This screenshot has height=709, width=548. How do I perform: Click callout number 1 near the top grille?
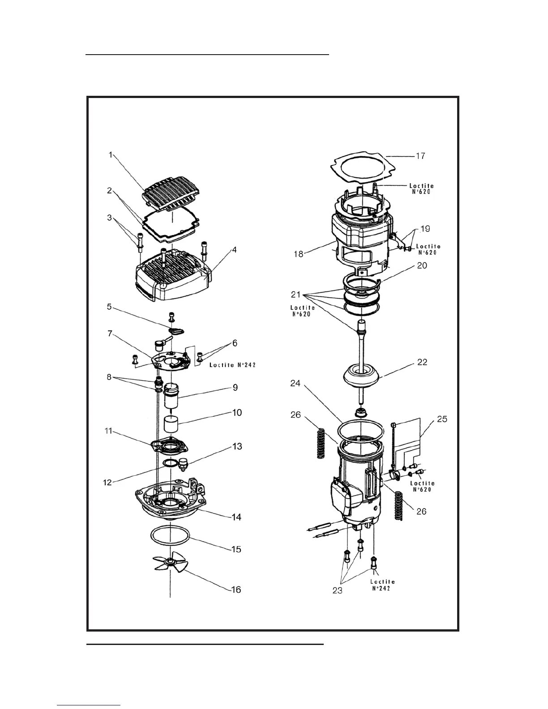pos(110,155)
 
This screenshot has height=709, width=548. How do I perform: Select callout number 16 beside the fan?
pos(236,589)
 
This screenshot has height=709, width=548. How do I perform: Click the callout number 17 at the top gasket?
pos(420,156)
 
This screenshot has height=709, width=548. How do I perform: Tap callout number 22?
pos(422,362)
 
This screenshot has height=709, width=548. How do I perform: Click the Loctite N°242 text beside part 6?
pos(232,365)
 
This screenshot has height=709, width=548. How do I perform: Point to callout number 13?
pos(237,446)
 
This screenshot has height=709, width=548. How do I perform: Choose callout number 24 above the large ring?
pos(295,384)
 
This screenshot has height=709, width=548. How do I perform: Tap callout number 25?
pos(442,419)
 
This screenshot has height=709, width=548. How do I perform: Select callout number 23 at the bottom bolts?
pos(337,590)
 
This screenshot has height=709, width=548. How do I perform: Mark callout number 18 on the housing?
pos(299,254)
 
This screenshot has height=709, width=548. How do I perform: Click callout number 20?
pos(422,265)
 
